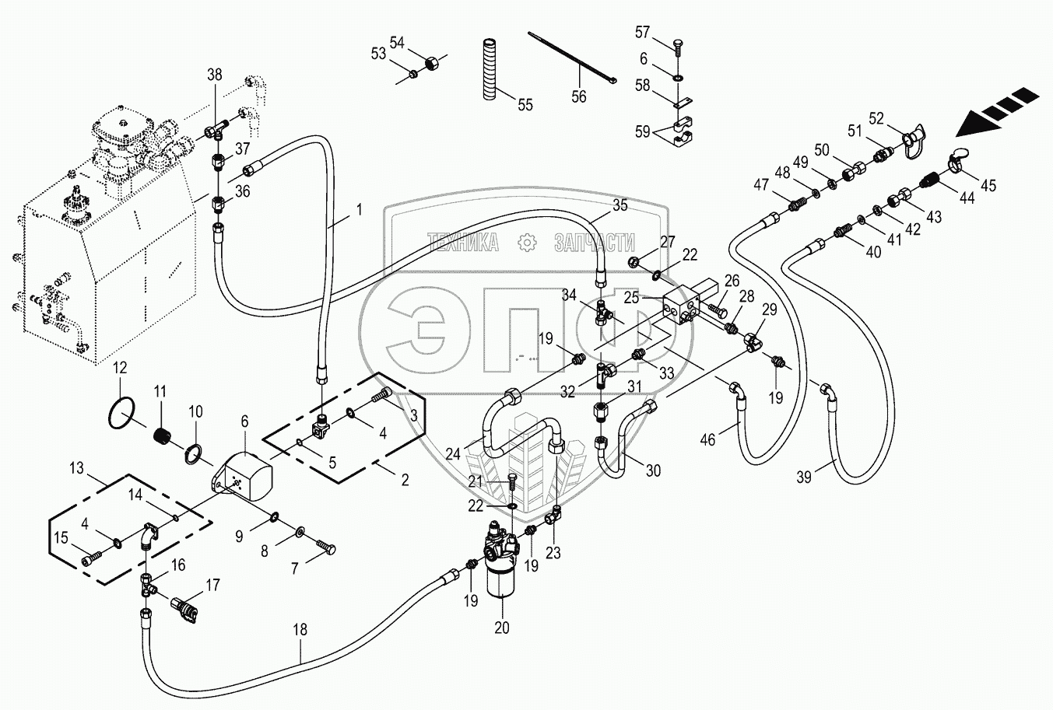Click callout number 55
click(525, 105)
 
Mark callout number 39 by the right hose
click(804, 477)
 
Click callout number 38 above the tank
click(214, 75)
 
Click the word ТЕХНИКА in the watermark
click(463, 244)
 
